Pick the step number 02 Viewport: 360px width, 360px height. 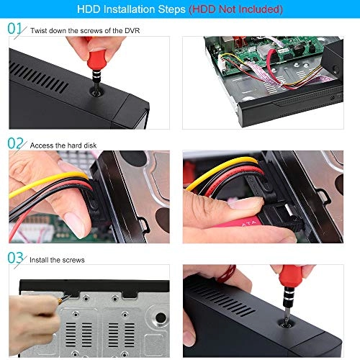(x=15, y=144)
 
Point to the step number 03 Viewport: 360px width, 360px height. (x=15, y=258)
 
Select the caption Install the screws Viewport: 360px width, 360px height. (x=57, y=259)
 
